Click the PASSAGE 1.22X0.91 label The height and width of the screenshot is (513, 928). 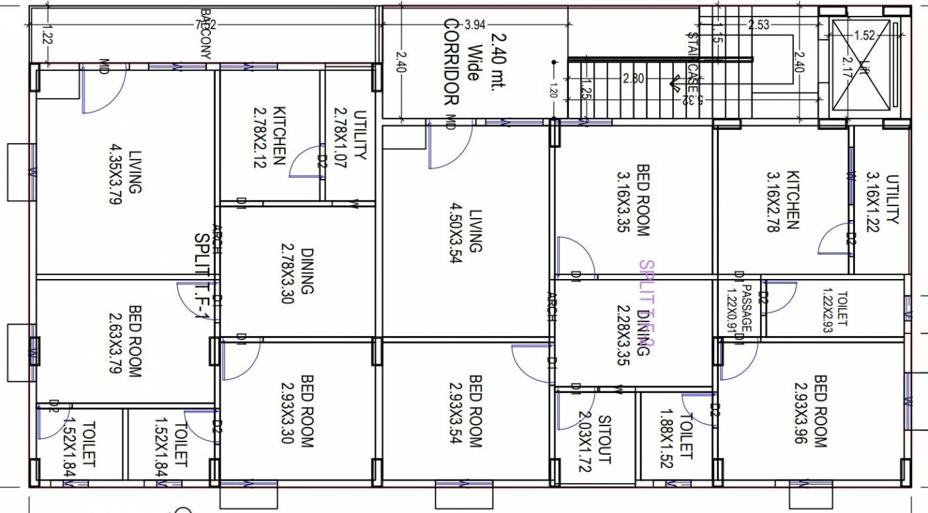point(739,307)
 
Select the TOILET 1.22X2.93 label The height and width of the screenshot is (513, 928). point(835,308)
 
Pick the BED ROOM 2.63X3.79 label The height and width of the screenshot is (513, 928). point(125,341)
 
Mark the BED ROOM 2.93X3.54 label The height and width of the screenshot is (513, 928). point(466,412)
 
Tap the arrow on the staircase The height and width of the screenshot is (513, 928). point(675,84)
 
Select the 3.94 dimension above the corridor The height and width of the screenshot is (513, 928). point(474,24)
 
